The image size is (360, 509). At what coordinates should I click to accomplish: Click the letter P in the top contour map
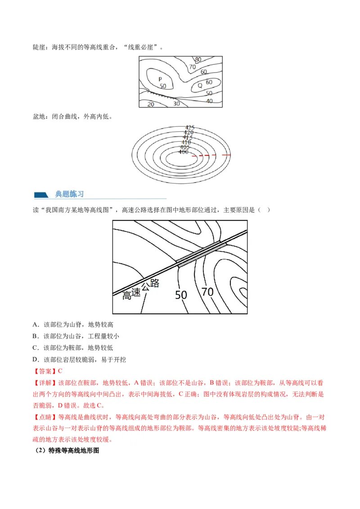[x=160, y=79]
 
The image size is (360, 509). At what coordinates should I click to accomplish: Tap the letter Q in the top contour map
[x=200, y=85]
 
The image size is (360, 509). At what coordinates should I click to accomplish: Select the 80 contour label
[x=198, y=59]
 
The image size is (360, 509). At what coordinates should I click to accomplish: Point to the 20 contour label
[x=151, y=104]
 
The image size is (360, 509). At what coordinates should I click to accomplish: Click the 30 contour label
[x=176, y=103]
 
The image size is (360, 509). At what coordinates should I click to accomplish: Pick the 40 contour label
[x=209, y=101]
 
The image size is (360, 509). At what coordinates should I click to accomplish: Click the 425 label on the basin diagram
[x=189, y=127]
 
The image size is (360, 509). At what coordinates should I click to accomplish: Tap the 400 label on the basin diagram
[x=183, y=152]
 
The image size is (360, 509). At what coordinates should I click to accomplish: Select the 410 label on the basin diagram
[x=186, y=142]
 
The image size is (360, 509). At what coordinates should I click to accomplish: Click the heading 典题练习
[x=69, y=194]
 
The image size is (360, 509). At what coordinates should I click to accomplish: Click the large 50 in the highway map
[x=181, y=295]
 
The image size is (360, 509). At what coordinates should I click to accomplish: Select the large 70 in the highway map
[x=207, y=292]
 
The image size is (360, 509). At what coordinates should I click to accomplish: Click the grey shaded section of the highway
[x=198, y=253]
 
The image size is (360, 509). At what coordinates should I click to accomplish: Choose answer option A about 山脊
[x=73, y=325]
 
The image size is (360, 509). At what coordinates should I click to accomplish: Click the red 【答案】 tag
[x=45, y=371]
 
